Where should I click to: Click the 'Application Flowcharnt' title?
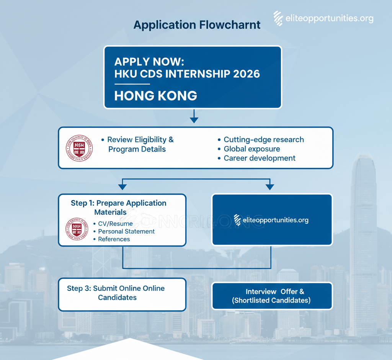[x=197, y=25]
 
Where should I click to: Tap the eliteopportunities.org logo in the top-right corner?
[x=323, y=18]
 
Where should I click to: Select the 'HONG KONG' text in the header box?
[x=155, y=95]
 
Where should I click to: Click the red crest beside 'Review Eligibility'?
[x=80, y=148]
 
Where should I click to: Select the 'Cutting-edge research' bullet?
[x=263, y=139]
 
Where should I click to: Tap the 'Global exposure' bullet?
[x=252, y=149]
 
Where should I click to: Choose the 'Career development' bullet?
[x=259, y=158]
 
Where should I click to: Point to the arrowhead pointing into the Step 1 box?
[x=122, y=187]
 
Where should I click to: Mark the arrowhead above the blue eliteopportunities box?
[x=270, y=187]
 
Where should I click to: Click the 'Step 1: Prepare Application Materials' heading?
[x=118, y=207]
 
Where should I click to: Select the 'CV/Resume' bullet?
[x=115, y=224]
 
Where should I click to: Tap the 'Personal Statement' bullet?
[x=126, y=231]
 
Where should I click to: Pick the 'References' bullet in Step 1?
[x=114, y=239]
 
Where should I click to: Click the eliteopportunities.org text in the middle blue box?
[x=275, y=220]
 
